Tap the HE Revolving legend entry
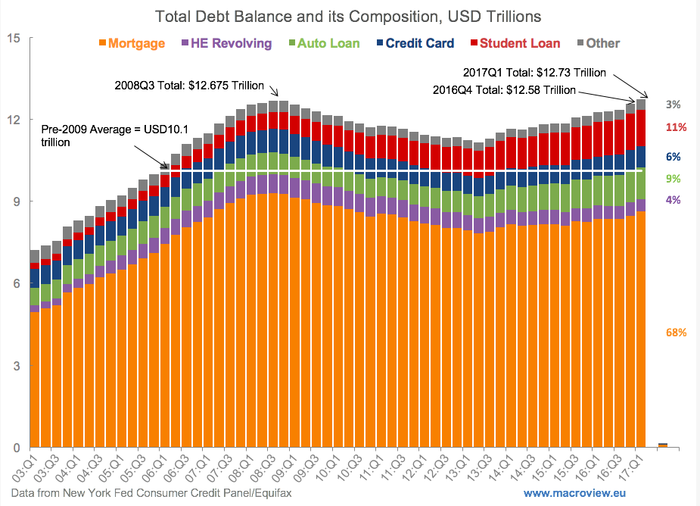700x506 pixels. pyautogui.click(x=227, y=43)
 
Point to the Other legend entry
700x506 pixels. pyautogui.click(x=598, y=43)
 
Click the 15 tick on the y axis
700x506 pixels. pyautogui.click(x=13, y=37)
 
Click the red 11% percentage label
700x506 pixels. pyautogui.click(x=676, y=126)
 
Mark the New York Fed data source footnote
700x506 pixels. pyautogui.click(x=147, y=492)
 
